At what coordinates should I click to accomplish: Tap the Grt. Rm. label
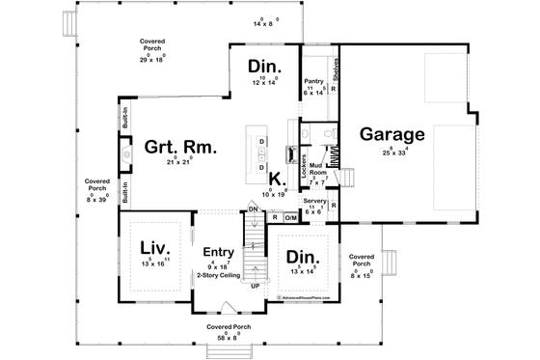pos(180,148)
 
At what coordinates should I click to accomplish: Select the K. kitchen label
pos(276,180)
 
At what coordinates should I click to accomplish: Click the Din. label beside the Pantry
pos(263,67)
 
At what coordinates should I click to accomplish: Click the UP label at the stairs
pos(255,287)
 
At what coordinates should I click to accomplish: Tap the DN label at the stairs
pos(253,209)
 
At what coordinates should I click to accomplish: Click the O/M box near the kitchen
pos(290,218)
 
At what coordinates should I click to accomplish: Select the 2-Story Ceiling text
pos(219,274)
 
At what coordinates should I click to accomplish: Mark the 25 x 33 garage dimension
pos(391,152)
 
